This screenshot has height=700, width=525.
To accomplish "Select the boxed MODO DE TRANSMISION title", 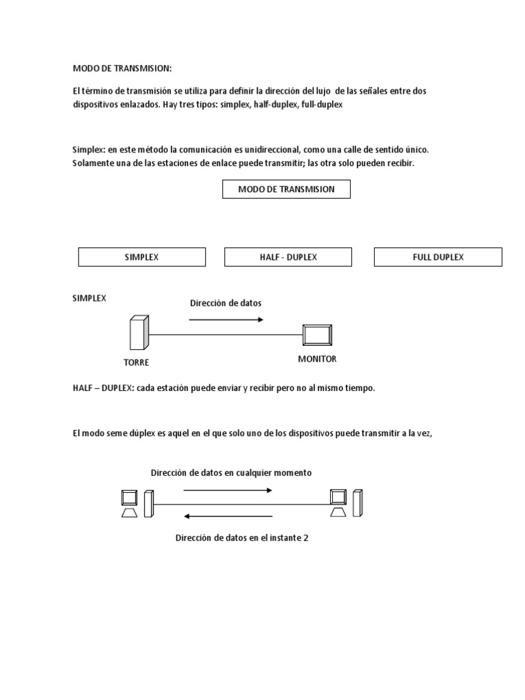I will (286, 189).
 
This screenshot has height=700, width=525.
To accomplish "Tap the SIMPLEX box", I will (142, 257).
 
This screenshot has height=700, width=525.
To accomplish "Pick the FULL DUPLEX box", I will (437, 257).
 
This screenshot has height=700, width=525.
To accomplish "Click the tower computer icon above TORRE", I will (138, 334).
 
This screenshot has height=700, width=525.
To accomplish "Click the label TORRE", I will (136, 362).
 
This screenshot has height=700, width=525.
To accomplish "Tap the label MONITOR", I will (317, 359).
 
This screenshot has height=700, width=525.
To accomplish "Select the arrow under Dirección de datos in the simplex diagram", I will (226, 319).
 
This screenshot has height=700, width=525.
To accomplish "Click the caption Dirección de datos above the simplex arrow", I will (225, 302).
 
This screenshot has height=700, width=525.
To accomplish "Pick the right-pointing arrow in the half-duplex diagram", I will (228, 490).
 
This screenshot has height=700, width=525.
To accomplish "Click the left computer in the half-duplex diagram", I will (135, 504).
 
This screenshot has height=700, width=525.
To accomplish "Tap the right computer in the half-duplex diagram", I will (346, 504).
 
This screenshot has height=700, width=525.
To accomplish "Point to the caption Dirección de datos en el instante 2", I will (242, 538).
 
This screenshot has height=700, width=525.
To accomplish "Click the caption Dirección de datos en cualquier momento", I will (231, 473).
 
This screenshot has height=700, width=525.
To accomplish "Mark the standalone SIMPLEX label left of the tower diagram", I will (90, 299).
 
